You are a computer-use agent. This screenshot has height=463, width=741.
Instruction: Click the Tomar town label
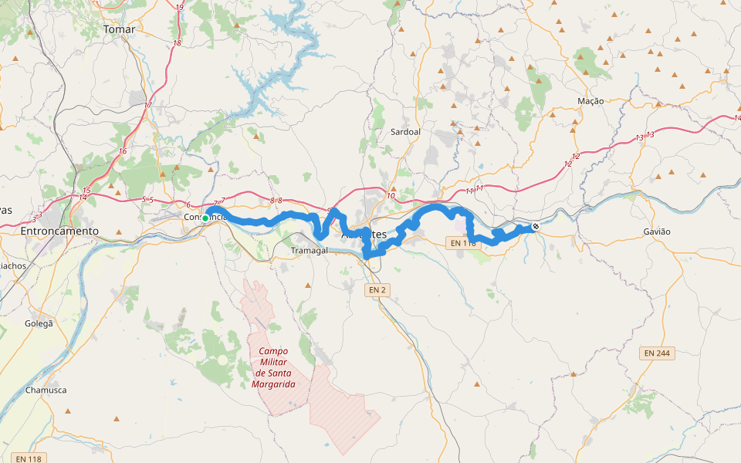coord(119,29)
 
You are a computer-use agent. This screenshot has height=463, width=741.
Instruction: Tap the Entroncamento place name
coord(59,231)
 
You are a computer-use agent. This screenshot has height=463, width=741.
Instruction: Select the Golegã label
coord(39,323)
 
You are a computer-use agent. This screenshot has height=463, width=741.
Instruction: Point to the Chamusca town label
coord(46,390)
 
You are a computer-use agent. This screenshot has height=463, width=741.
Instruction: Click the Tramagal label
coord(309,251)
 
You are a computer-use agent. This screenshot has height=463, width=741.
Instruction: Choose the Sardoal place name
coord(405,132)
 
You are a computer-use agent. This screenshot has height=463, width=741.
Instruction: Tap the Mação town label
coord(590,101)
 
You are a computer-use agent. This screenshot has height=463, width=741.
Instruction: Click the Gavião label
coord(656,231)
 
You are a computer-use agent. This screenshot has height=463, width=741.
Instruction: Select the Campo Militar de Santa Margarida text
coord(273,367)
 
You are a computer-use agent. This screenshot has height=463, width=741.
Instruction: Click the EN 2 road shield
coord(377,289)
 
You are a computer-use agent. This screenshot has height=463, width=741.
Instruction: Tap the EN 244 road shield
coord(658,353)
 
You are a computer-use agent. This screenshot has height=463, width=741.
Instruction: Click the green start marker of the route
coord(205,218)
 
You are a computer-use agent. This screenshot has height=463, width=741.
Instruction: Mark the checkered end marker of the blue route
coord(535,227)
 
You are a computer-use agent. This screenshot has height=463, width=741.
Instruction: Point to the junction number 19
coord(180,8)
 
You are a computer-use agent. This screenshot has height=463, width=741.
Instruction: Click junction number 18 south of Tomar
coord(177,43)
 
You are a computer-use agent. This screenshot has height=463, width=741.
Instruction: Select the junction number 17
coord(148,105)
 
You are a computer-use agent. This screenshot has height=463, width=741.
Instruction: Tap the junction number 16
coord(122,151)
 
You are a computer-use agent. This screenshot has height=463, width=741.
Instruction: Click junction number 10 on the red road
coord(391,196)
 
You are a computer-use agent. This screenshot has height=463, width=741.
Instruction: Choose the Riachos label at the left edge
coord(13,265)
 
